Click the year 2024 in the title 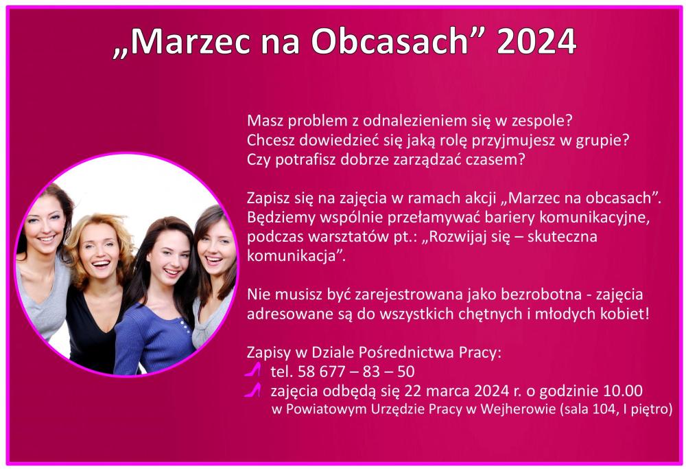[x=536, y=41]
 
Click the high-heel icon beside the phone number [x=253, y=369]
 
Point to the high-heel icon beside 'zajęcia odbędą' [x=253, y=390]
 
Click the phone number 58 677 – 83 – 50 [x=356, y=371]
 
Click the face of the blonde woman [x=99, y=250]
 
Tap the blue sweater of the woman [x=153, y=337]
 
